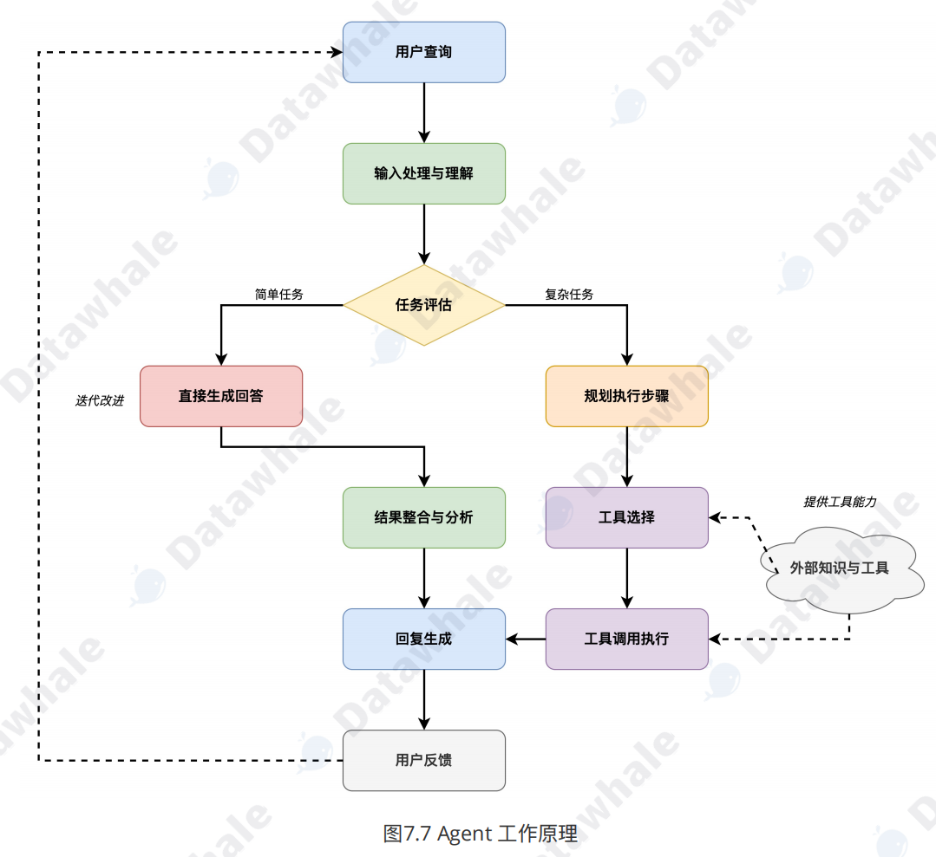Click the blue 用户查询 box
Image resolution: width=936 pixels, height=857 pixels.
[x=423, y=52]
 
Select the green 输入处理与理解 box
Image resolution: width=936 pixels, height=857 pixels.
[x=423, y=173]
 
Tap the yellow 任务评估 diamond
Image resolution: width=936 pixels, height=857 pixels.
[x=423, y=305]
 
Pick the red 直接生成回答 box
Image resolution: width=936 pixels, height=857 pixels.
[x=221, y=396]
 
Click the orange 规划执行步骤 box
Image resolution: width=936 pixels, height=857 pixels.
[x=626, y=396]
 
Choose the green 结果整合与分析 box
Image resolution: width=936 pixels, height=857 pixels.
[x=423, y=517]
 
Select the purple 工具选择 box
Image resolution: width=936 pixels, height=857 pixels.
[x=626, y=517]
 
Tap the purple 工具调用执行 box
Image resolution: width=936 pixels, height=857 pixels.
[x=626, y=639]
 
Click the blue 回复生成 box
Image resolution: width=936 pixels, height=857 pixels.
[x=423, y=639]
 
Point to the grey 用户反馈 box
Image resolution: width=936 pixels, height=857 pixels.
[x=423, y=760]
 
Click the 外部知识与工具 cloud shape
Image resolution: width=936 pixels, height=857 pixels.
[x=839, y=568]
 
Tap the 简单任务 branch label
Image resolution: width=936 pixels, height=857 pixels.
[x=278, y=295]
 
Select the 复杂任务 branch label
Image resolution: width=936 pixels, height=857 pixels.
[x=569, y=295]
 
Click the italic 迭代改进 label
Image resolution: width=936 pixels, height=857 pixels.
[x=100, y=400]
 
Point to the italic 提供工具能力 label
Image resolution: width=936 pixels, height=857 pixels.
[x=840, y=502]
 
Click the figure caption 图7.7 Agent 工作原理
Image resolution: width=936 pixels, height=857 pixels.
[x=480, y=834]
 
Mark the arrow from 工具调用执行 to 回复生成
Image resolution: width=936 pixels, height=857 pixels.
[x=526, y=639]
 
